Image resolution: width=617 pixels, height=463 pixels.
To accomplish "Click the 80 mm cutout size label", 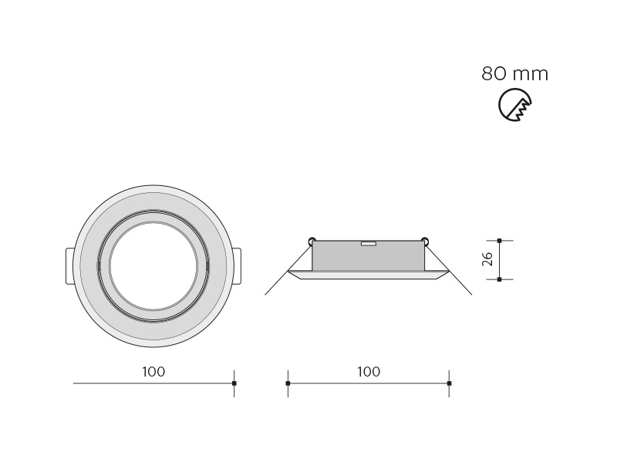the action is [x=514, y=73].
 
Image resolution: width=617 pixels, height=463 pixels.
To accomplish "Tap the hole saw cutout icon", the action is [x=514, y=105].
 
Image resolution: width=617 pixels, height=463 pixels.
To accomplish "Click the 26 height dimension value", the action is [x=487, y=259].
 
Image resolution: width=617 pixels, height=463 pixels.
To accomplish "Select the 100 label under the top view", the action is [x=153, y=372].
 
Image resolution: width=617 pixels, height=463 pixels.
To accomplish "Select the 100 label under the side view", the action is [x=369, y=372].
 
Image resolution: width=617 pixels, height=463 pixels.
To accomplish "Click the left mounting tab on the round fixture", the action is [x=69, y=265].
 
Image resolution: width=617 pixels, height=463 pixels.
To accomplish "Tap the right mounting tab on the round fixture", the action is [x=237, y=265].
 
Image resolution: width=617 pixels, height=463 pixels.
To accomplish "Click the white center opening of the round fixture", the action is [x=153, y=266].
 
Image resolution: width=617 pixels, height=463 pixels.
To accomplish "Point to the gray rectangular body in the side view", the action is [x=369, y=256].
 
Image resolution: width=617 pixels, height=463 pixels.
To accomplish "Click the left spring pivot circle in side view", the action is [x=312, y=240].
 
